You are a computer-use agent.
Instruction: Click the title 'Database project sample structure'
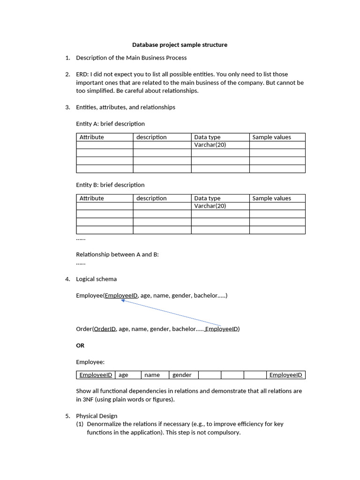(x=180, y=45)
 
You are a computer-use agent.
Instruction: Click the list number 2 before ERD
(x=67, y=74)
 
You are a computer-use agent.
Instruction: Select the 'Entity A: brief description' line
(x=110, y=124)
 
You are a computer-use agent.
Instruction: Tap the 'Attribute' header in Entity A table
(x=92, y=137)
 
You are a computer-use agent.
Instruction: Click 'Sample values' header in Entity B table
(x=271, y=198)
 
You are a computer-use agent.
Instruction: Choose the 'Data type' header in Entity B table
(x=207, y=198)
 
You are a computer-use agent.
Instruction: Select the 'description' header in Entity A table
(x=151, y=137)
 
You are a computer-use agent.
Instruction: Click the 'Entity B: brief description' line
(x=110, y=185)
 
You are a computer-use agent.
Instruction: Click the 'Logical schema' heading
(x=97, y=279)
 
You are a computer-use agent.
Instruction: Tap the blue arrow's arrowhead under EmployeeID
(x=123, y=301)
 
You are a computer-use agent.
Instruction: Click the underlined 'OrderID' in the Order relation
(x=105, y=329)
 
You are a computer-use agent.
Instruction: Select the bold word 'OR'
(x=80, y=345)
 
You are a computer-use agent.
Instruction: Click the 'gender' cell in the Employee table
(x=182, y=375)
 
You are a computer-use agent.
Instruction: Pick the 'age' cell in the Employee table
(x=123, y=375)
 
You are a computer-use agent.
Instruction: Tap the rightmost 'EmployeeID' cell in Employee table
(x=285, y=375)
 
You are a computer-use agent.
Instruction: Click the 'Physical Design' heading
(x=97, y=416)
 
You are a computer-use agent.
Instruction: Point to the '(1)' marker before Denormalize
(x=80, y=424)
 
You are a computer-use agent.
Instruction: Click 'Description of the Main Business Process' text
(x=131, y=58)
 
